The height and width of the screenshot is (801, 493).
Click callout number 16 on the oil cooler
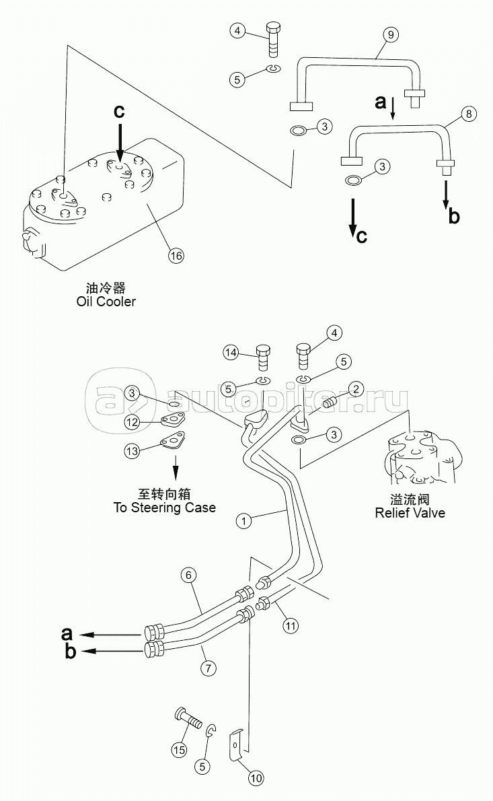pos(176,255)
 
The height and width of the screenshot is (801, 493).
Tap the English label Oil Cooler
pos(106,302)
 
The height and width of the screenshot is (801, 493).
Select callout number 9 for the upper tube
pos(390,35)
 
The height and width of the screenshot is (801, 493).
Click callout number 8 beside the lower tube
pos(469,113)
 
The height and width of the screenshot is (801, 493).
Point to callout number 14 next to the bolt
pos(231,353)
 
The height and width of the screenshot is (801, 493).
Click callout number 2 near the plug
pos(356,389)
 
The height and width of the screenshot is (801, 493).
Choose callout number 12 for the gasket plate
pos(132,422)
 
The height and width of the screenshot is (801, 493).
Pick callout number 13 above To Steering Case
pos(132,450)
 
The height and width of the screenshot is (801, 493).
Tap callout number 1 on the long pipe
pos(244,521)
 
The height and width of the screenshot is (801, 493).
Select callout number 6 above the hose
pos(188,576)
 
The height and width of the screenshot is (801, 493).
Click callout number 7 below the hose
pos(208,668)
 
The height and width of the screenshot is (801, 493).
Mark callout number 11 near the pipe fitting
pos(291,625)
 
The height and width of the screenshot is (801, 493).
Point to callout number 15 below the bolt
pos(179,750)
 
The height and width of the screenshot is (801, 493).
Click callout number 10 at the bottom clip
pos(256,778)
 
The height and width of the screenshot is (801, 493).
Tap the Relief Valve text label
pos(410,513)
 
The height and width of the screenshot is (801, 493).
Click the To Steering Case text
pos(164,508)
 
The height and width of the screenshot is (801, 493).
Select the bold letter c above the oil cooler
pos(119,111)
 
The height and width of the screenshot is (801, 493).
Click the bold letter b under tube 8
pos(454,216)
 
